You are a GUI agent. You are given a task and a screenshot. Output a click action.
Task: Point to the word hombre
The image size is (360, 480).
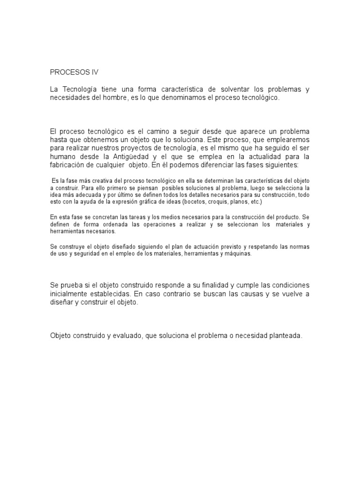pos(110,97)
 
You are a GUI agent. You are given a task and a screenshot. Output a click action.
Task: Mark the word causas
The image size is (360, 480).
pos(247,294)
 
